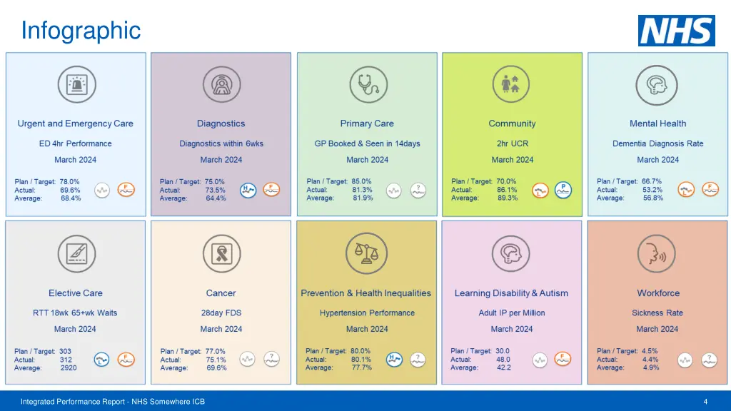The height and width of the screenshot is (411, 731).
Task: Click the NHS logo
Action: tap(676, 31)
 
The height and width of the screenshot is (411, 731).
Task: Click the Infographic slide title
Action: tap(81, 31)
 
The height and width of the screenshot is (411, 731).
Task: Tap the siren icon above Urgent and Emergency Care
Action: tap(76, 85)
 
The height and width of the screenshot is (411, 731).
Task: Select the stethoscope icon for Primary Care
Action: tap(368, 85)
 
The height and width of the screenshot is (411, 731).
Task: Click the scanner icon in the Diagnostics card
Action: tap(221, 85)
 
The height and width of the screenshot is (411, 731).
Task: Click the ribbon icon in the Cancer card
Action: tap(221, 253)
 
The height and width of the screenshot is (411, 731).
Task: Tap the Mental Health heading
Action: tap(657, 123)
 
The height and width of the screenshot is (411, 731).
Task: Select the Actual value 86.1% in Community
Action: tap(508, 190)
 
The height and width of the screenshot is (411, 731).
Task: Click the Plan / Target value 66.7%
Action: tap(652, 181)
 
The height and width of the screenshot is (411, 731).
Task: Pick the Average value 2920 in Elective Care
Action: tap(69, 368)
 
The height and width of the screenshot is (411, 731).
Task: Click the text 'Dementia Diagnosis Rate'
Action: tap(657, 143)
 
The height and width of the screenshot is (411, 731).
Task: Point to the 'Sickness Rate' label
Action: tap(657, 313)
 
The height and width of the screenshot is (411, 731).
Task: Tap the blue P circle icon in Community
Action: tap(563, 190)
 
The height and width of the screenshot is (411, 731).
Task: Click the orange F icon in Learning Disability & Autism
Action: tap(563, 359)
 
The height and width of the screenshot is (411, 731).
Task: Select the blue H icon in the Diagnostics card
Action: tap(248, 191)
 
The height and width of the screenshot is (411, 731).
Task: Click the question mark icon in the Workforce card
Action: tap(709, 360)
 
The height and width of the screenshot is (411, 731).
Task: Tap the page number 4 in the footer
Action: tap(705, 402)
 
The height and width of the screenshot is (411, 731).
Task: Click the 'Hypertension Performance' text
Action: tap(367, 313)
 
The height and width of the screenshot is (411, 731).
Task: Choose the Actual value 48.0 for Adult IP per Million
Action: tap(503, 360)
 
